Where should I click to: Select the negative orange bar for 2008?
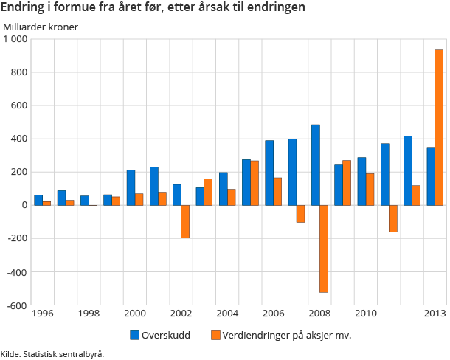(x=324, y=249)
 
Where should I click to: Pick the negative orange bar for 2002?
(x=185, y=221)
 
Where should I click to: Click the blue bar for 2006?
(x=269, y=173)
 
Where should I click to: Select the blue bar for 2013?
(x=430, y=176)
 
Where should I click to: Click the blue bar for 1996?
(x=38, y=200)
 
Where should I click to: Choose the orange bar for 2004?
(x=232, y=197)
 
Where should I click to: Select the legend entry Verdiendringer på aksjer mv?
(x=280, y=335)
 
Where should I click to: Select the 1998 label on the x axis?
(x=89, y=314)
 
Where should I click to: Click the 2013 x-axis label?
(x=435, y=314)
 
